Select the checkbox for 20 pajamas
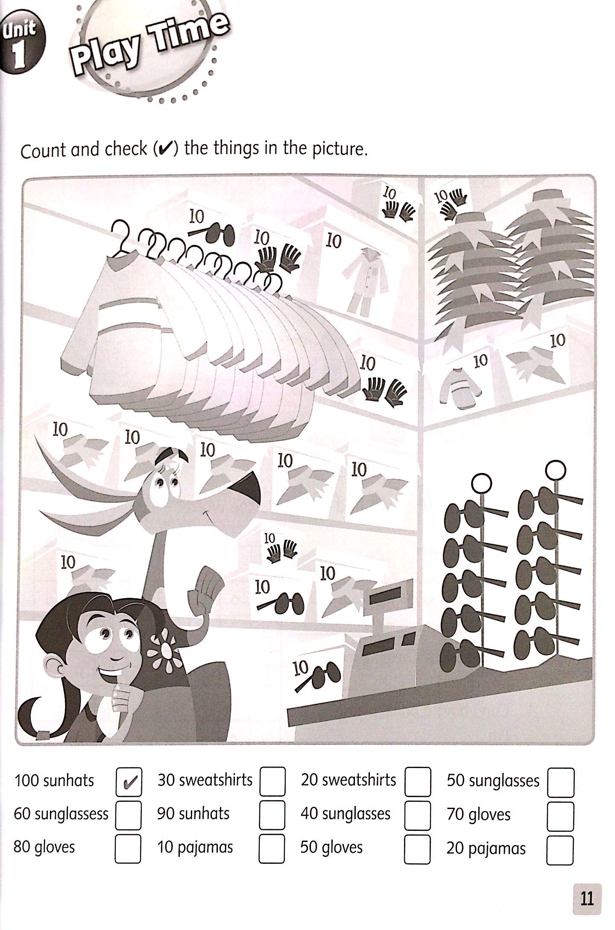click(x=560, y=850)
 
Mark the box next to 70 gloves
click(x=561, y=816)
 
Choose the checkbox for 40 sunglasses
click(x=418, y=815)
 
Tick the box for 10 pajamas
click(x=272, y=849)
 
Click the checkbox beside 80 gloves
click(x=128, y=849)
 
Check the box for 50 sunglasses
click(x=561, y=782)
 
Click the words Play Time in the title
click(x=149, y=43)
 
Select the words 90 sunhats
click(x=193, y=814)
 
